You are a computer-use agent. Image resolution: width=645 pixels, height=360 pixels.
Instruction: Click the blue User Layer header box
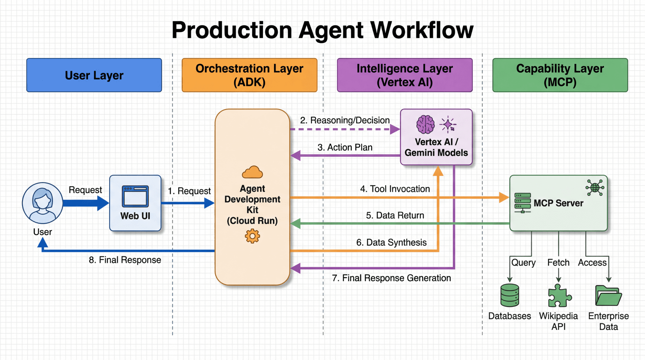click(94, 75)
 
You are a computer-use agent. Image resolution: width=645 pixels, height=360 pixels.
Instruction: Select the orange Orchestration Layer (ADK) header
click(249, 75)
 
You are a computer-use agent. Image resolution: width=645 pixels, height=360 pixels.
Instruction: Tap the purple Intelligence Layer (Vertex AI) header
click(404, 75)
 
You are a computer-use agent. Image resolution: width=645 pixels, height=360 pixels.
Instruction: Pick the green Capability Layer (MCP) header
click(560, 75)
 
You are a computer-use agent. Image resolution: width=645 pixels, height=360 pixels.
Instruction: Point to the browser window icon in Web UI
click(135, 196)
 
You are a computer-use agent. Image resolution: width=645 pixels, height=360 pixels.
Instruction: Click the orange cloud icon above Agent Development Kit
click(252, 172)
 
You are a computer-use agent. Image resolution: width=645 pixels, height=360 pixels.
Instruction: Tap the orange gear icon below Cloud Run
click(252, 236)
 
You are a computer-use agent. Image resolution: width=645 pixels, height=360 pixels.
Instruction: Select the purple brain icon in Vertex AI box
click(425, 125)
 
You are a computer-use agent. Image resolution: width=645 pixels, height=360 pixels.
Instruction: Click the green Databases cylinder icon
click(510, 295)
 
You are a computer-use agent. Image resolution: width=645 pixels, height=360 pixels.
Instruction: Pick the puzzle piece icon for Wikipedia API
click(559, 296)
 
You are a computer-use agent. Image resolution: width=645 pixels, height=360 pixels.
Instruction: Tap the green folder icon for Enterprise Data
click(608, 296)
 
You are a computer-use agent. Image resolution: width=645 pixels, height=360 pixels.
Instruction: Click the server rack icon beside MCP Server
click(522, 203)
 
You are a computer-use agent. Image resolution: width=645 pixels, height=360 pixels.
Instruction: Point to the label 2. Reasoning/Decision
click(345, 120)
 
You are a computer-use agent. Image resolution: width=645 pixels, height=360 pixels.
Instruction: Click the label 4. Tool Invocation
click(395, 189)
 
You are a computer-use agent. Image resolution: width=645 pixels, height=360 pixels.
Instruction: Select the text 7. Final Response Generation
click(391, 278)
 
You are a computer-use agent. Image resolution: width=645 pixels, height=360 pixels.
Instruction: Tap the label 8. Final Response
click(125, 260)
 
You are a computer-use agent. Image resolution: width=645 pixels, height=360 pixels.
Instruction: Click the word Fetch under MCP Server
click(558, 263)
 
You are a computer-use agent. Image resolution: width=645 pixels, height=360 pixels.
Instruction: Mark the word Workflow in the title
click(422, 30)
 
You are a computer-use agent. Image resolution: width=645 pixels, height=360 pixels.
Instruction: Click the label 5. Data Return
click(395, 215)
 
